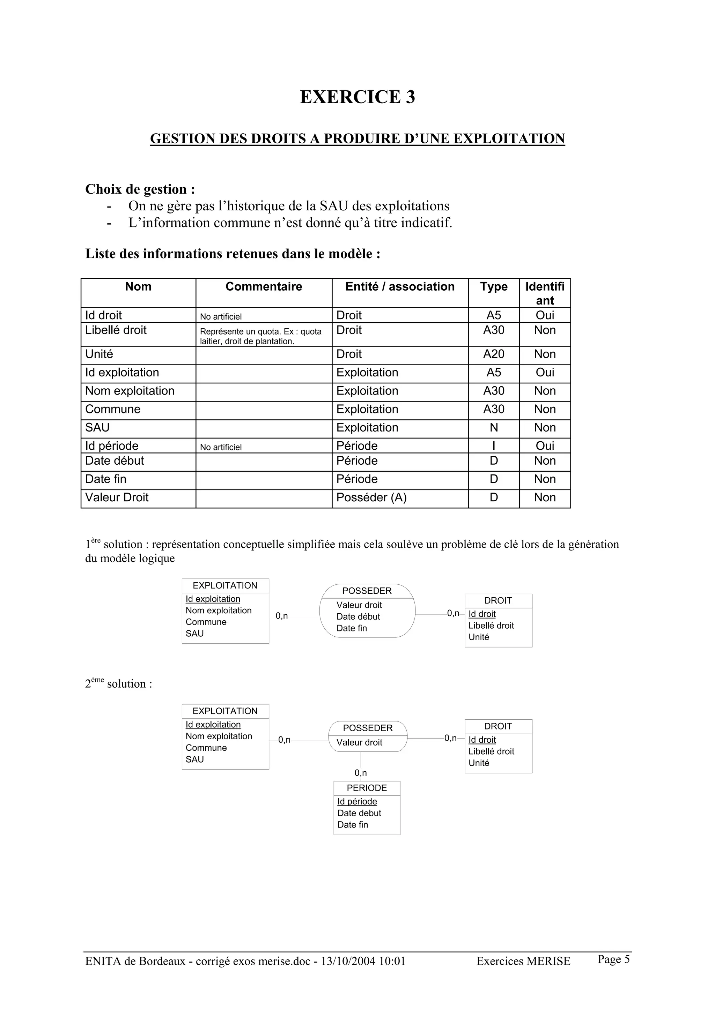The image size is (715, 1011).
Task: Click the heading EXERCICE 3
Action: click(357, 97)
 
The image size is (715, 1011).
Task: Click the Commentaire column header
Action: click(264, 287)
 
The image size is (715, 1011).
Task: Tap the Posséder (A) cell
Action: click(371, 497)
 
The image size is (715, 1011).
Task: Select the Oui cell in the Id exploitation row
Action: click(545, 373)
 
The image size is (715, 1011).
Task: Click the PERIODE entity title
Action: click(367, 788)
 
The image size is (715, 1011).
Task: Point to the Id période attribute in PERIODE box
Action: click(357, 801)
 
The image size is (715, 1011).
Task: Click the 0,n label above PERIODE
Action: click(360, 773)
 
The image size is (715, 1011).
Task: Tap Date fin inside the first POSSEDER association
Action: click(352, 628)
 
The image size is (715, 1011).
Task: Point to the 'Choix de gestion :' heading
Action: click(140, 189)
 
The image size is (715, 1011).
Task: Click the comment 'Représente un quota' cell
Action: click(260, 336)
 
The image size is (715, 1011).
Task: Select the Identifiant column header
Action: click(545, 293)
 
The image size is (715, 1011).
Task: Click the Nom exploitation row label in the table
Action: click(130, 391)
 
